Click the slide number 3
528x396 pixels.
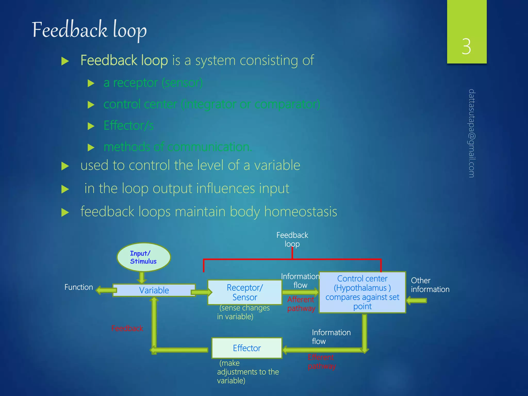click(x=466, y=47)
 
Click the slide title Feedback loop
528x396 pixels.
click(x=89, y=30)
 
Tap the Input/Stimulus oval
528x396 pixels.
click(x=143, y=257)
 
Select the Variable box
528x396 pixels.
click(x=154, y=290)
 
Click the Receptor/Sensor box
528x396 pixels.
click(x=244, y=292)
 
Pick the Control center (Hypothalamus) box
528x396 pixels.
click(x=362, y=292)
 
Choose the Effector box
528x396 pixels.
click(x=247, y=348)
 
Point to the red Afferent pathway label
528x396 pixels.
click(x=301, y=304)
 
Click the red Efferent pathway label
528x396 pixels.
click(x=321, y=361)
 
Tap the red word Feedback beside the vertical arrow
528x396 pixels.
click(x=127, y=328)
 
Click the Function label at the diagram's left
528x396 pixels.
click(x=79, y=287)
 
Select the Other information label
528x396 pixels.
click(x=430, y=285)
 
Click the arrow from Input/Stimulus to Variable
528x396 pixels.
click(x=142, y=278)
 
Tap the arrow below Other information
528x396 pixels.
click(x=416, y=301)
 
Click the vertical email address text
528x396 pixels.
click(x=472, y=133)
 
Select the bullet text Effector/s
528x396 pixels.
click(x=128, y=126)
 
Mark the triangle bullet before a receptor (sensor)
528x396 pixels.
click(x=91, y=83)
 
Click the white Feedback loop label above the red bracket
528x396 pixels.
click(x=292, y=239)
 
